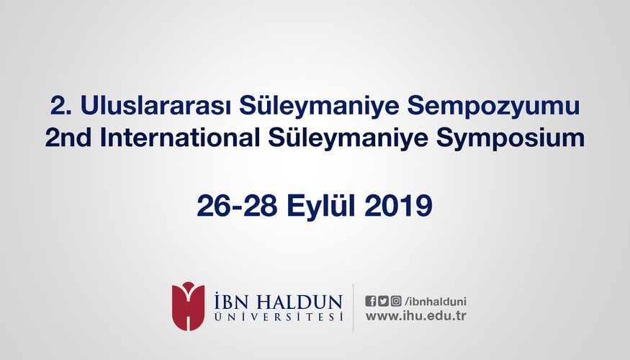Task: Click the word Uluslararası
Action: (156, 105)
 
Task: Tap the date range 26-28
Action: (237, 205)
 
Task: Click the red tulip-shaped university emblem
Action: (188, 306)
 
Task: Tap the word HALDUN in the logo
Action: (300, 302)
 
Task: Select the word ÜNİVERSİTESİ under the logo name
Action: (279, 317)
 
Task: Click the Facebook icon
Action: (371, 301)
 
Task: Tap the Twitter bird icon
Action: (383, 301)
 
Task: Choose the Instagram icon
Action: (396, 301)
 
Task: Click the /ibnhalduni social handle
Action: (436, 302)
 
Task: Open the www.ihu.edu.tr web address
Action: (416, 316)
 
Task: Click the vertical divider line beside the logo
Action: (354, 308)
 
